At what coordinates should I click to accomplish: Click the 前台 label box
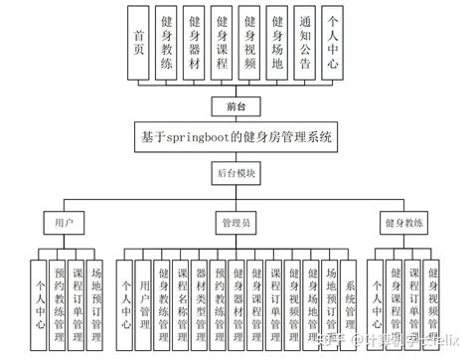click(x=235, y=103)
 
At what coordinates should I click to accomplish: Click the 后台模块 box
click(x=235, y=172)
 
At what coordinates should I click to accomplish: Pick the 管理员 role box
click(x=235, y=220)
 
